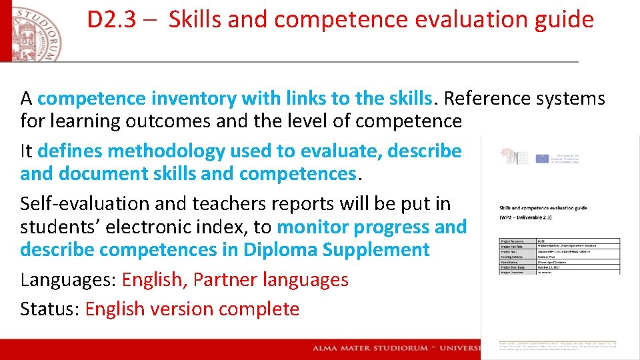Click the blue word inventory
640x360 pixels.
(x=193, y=99)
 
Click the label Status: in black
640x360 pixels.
(x=49, y=309)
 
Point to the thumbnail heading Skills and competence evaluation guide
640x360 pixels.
(x=543, y=208)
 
